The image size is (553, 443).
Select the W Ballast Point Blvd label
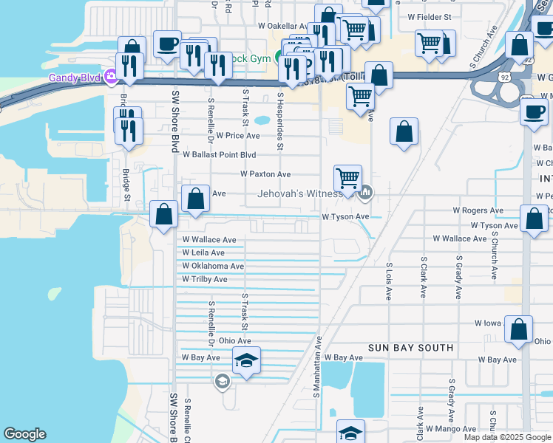[x=219, y=155]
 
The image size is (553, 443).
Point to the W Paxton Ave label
[x=265, y=174]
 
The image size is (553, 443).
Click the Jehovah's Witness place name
[x=299, y=194]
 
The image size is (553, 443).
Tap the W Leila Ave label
[x=203, y=253]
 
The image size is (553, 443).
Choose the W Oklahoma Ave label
[x=213, y=266]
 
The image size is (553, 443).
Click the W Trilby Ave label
[x=205, y=279]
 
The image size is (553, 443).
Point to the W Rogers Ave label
[x=482, y=210]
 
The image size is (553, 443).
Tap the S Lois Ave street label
[x=388, y=281]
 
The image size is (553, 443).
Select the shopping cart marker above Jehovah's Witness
[x=347, y=178]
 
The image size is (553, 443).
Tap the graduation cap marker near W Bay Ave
[x=246, y=360]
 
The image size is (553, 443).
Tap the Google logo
[x=24, y=434]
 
